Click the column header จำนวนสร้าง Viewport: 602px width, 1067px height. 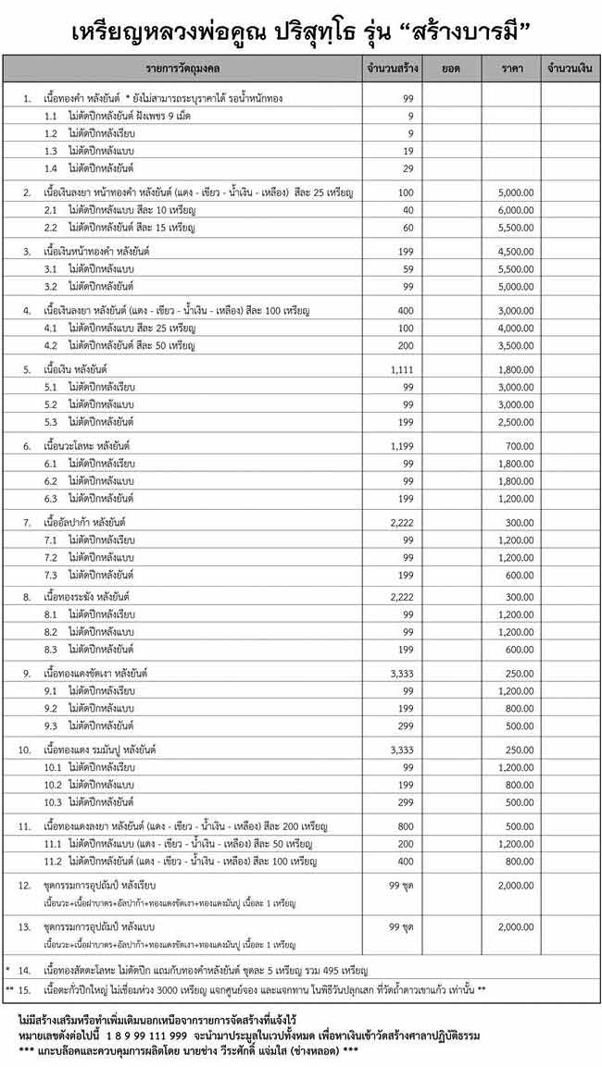[392, 68]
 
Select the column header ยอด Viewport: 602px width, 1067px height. [451, 68]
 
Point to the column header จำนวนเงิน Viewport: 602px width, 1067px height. [570, 68]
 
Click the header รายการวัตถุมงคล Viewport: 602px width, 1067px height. [182, 68]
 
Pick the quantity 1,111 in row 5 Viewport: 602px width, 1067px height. [405, 368]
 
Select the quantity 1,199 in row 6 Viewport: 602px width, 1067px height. [405, 446]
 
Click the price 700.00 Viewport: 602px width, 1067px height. [520, 446]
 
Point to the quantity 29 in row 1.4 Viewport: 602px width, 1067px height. [408, 167]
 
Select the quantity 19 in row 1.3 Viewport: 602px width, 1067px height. [408, 150]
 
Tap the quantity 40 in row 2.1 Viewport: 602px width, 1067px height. [408, 210]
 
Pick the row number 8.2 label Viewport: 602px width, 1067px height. [51, 632]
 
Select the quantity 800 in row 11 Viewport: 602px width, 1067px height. [406, 825]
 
